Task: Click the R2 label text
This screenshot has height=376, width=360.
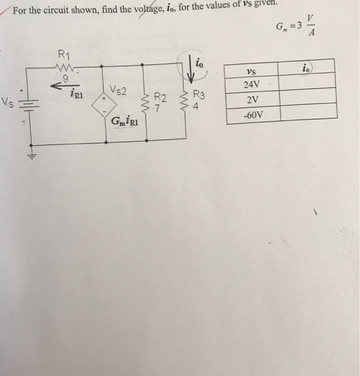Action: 160,97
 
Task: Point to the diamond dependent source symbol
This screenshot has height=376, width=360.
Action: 102,107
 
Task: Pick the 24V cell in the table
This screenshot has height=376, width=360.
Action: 251,84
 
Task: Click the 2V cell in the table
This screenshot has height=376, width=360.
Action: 251,100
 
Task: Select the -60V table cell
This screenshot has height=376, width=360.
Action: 251,115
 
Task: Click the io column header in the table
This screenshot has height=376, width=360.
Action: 306,69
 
